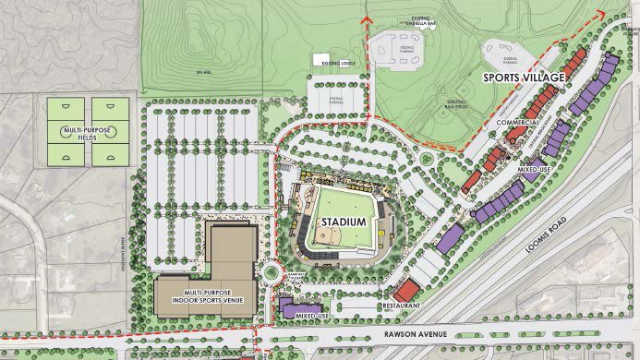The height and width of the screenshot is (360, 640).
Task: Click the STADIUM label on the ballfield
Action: [x=344, y=223]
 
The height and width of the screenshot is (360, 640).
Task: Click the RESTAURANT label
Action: [x=403, y=305]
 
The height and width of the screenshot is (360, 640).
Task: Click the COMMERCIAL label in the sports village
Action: [x=516, y=122]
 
